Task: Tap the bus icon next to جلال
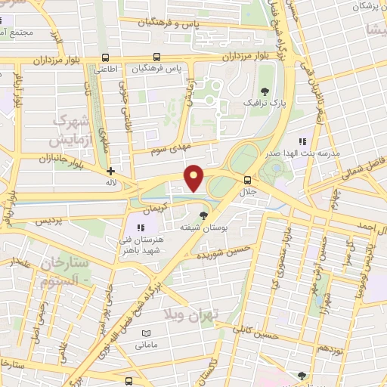tap(248, 179)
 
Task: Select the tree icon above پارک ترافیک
tap(263, 91)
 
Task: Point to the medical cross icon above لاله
tap(111, 172)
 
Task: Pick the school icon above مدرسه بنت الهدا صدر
tap(302, 141)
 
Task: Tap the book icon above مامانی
tap(146, 333)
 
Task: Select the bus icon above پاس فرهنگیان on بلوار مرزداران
tap(157, 57)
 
